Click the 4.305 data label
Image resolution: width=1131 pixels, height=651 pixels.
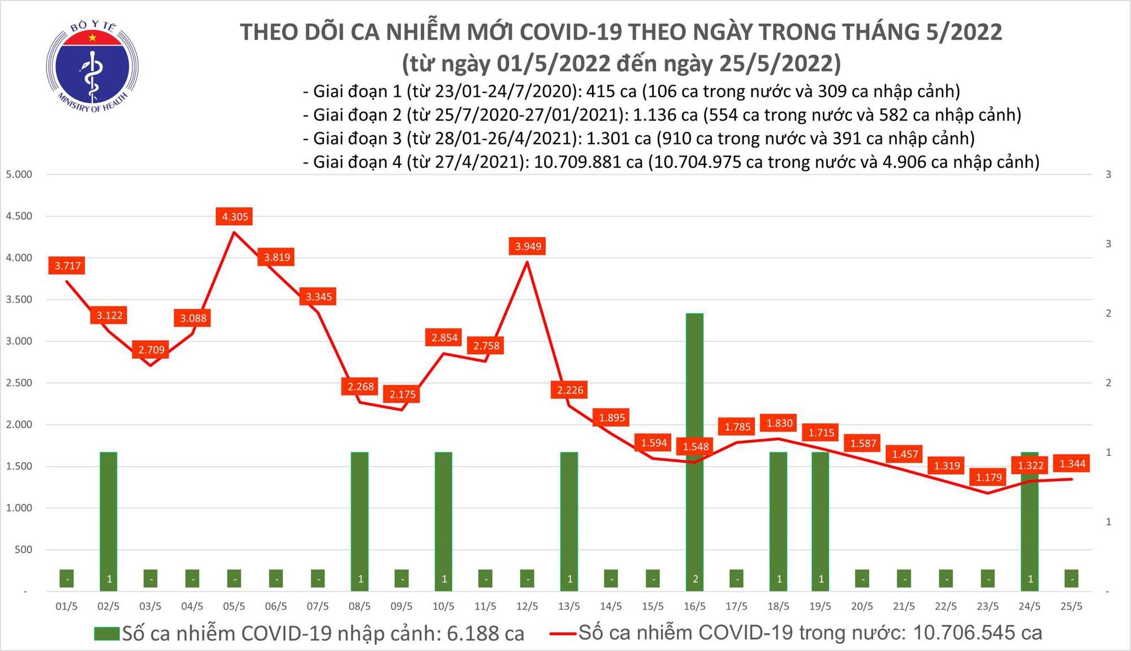pos(235,216)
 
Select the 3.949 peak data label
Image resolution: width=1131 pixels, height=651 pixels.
pos(528,246)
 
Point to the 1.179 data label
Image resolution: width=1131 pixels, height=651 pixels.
pos(988,478)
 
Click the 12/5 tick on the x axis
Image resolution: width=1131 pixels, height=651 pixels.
pos(527,606)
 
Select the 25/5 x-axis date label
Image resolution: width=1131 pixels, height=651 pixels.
pos(1071,606)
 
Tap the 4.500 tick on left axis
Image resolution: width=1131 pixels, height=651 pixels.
pos(19,216)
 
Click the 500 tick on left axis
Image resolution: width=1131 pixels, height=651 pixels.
pos(23,549)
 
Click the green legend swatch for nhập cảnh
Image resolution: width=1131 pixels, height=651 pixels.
pos(107,633)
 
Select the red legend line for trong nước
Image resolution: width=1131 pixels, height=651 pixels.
pos(563,633)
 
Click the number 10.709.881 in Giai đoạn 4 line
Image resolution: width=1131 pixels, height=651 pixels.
pos(588,162)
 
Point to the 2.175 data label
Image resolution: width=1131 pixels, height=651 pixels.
pos(402,394)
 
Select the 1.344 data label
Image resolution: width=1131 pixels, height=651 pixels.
pos(1072,464)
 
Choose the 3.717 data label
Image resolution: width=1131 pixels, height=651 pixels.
pos(67,266)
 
